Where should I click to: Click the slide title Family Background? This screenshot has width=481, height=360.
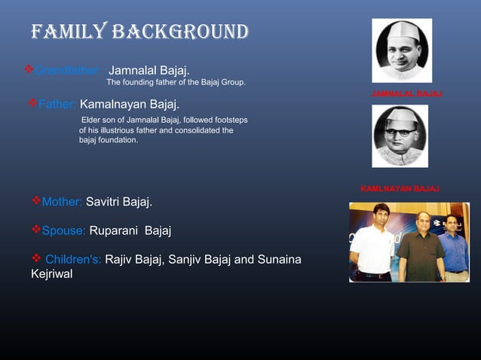(139, 32)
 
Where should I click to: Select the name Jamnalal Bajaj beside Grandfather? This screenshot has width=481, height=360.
(149, 70)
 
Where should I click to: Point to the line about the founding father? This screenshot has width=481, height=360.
(176, 82)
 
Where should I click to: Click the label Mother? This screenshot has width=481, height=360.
(62, 202)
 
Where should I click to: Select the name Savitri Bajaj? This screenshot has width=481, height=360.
(119, 202)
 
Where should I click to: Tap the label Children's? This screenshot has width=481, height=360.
(73, 260)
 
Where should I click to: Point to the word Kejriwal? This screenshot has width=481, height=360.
(52, 274)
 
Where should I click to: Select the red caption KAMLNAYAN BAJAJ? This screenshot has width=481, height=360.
(400, 188)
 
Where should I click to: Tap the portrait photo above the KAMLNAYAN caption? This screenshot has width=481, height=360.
(400, 136)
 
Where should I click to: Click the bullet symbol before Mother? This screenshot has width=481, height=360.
(35, 201)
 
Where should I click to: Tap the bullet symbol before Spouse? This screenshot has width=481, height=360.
(35, 230)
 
